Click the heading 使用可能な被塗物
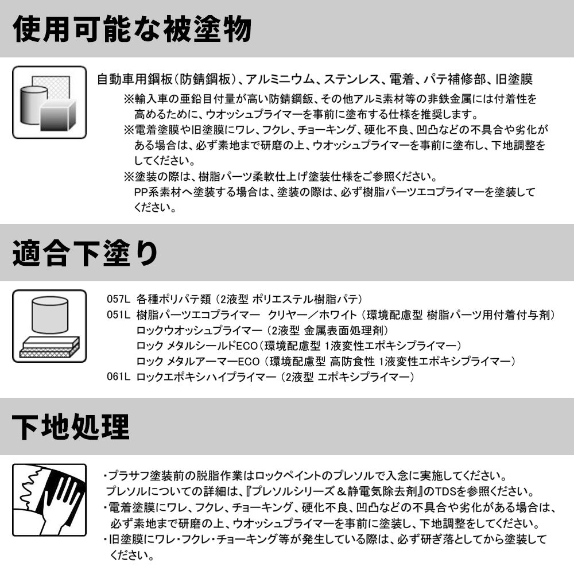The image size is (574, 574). click(x=132, y=29)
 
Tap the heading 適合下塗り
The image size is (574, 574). click(x=85, y=253)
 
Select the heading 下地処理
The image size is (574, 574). click(x=71, y=427)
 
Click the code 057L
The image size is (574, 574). click(x=118, y=299)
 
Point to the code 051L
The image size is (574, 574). click(x=118, y=315)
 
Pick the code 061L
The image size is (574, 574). click(x=118, y=377)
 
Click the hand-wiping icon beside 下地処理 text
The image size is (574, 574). click(x=49, y=500)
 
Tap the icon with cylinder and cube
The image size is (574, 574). click(x=49, y=103)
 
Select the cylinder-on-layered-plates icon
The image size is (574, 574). click(x=49, y=326)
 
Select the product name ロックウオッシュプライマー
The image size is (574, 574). click(x=199, y=331)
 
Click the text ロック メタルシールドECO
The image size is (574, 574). click(x=197, y=346)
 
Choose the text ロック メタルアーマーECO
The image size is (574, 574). click(x=198, y=361)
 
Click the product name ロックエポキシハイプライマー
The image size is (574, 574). click(x=206, y=377)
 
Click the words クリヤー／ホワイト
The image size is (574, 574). click(x=312, y=315)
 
